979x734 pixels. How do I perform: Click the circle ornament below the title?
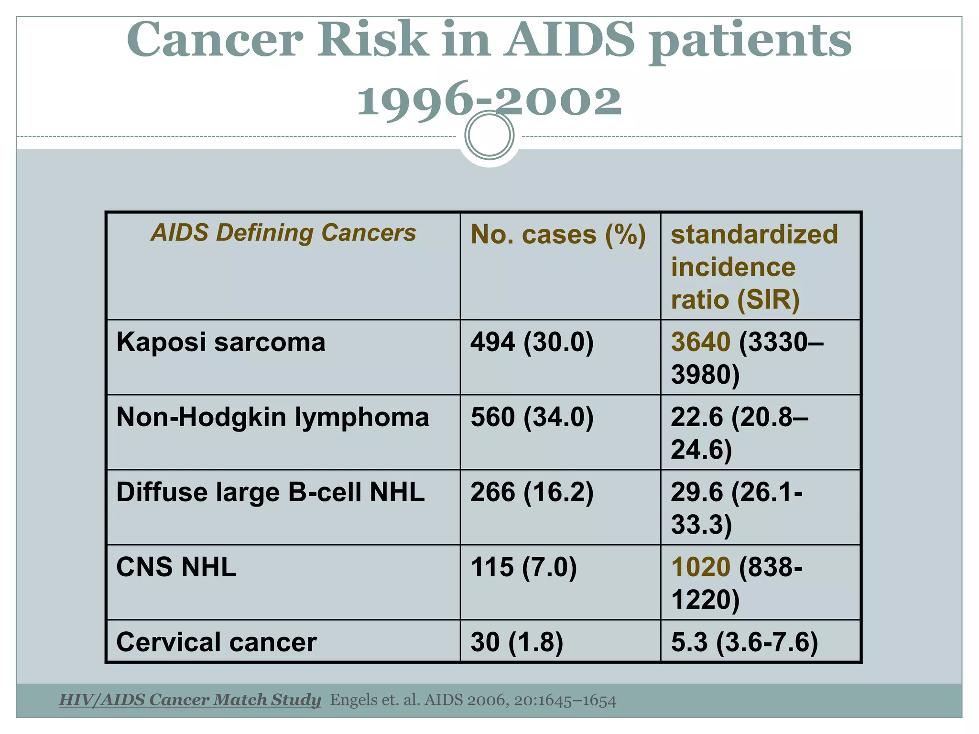point(489,135)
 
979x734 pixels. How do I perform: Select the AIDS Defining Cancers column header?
point(283,233)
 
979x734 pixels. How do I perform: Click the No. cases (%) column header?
point(558,235)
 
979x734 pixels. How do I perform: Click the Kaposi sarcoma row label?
point(220,342)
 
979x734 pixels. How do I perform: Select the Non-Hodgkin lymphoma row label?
point(272,417)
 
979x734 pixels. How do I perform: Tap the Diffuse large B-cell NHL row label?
point(270,492)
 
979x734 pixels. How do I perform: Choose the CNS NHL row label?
point(176,567)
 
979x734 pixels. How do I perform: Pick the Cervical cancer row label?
point(216,642)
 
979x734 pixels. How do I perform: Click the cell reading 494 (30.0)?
point(532,342)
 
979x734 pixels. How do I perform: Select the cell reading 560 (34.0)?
point(532,417)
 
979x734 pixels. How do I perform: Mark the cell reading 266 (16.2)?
point(532,492)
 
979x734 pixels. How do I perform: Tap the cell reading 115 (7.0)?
point(523,567)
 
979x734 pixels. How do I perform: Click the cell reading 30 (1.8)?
point(517,642)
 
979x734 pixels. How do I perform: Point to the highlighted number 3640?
point(700,342)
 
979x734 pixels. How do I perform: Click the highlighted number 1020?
point(700,567)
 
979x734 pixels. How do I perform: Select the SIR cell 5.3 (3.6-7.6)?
point(744,642)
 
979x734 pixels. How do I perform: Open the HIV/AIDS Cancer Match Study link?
point(190,700)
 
